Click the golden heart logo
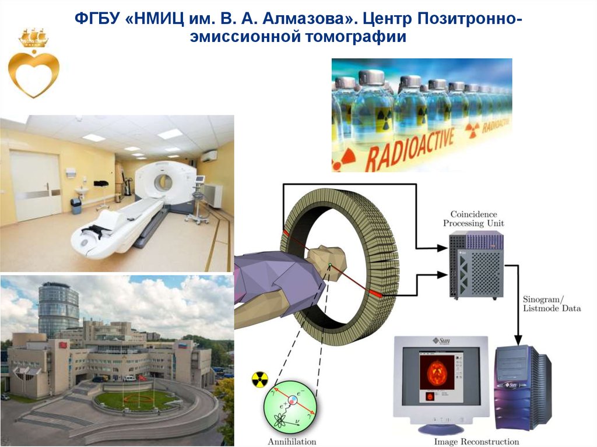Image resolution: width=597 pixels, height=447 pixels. coord(33,72)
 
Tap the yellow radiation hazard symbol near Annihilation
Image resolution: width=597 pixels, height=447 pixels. coord(259,380)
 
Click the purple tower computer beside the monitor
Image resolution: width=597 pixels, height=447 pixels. coord(522,388)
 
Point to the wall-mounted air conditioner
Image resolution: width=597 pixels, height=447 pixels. coord(209,156)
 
